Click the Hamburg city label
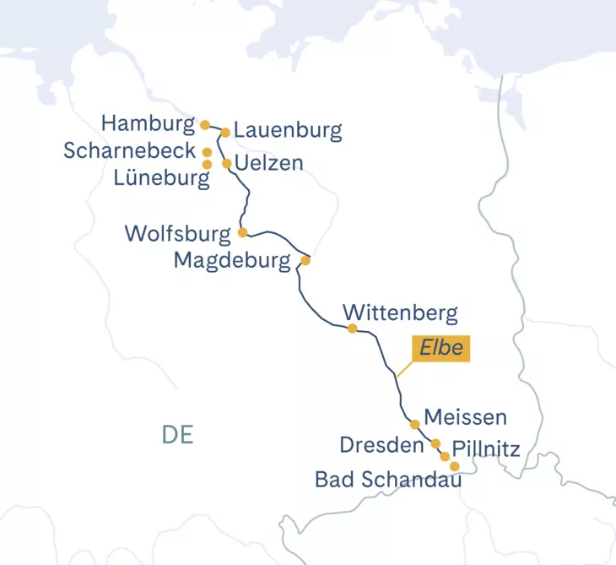[148, 123]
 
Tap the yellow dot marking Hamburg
[205, 124]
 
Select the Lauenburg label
[288, 130]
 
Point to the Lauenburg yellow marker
[225, 132]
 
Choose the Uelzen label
[269, 162]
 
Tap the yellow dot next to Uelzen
[226, 163]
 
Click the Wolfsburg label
[177, 233]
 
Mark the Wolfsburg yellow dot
[242, 231]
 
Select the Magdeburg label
[231, 260]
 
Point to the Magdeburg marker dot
[305, 261]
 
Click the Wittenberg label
[401, 312]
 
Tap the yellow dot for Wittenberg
[352, 329]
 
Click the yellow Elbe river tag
[439, 349]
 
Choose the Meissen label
[466, 416]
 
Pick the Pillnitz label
[485, 448]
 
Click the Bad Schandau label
[388, 480]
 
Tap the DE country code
[178, 435]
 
